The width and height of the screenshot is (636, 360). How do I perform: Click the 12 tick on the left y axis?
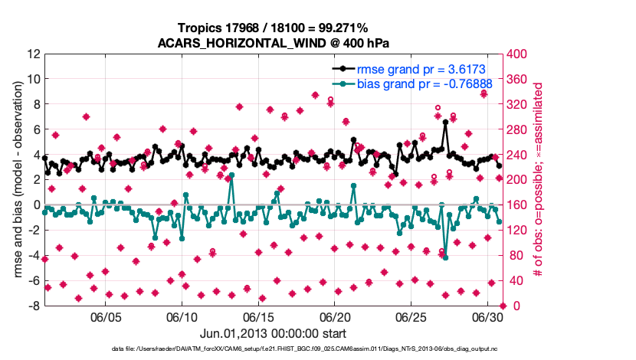coord(33,54)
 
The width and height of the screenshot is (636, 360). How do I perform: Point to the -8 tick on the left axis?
coord(33,306)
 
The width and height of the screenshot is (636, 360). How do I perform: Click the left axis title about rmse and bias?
coord(16,180)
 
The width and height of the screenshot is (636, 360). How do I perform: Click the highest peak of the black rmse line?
coord(445,121)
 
